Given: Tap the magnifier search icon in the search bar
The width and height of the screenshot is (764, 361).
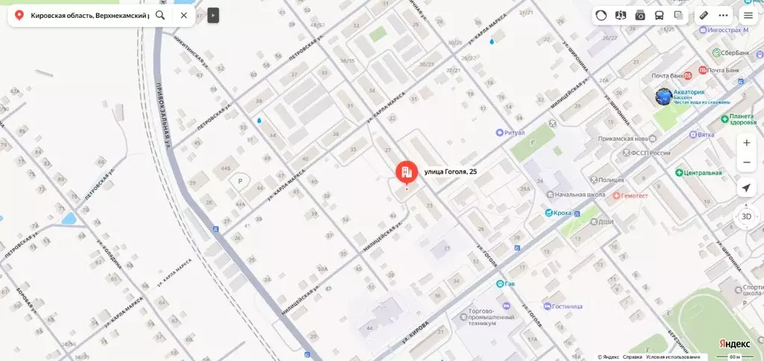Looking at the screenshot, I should pyautogui.click(x=160, y=15).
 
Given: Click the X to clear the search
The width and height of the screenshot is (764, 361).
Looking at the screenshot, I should pyautogui.click(x=184, y=15).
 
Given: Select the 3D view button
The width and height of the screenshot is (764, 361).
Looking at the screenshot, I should pyautogui.click(x=746, y=216).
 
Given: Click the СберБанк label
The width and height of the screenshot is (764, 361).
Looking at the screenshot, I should pyautogui.click(x=730, y=52).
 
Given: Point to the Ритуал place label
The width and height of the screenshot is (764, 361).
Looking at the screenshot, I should pyautogui.click(x=516, y=132).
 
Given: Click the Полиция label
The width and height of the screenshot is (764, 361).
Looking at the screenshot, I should pyautogui.click(x=611, y=180).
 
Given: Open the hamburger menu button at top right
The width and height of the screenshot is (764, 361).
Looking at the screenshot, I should pyautogui.click(x=748, y=15).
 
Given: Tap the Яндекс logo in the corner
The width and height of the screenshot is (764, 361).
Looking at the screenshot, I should pyautogui.click(x=735, y=344).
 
